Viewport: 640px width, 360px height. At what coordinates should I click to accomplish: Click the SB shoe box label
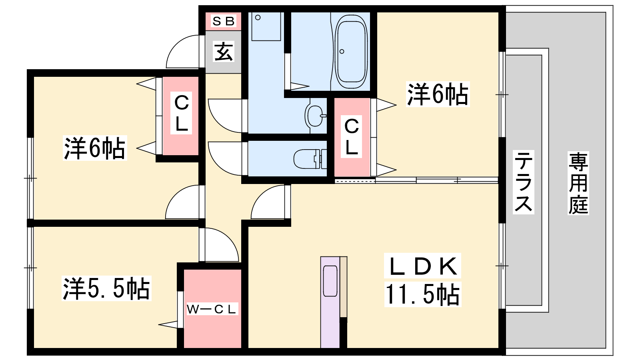click(x=224, y=21)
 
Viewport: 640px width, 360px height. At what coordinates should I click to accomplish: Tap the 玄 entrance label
click(x=224, y=52)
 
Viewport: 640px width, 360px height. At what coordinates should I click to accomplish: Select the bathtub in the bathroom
click(x=351, y=52)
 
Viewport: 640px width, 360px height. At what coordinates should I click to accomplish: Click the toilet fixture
click(x=310, y=159)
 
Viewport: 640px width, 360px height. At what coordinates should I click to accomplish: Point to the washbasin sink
click(x=316, y=116)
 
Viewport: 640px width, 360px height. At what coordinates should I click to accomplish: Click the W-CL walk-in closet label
click(x=211, y=309)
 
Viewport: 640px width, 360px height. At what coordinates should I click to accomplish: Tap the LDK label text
click(x=422, y=266)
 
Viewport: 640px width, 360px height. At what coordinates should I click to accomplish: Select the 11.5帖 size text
click(x=422, y=294)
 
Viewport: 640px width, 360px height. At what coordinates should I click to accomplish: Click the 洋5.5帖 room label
click(x=106, y=288)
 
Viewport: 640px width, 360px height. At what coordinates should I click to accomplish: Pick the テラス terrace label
click(x=524, y=182)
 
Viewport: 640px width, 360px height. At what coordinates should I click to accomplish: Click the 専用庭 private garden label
click(x=578, y=183)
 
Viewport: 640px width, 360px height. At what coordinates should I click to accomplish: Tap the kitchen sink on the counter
click(x=330, y=281)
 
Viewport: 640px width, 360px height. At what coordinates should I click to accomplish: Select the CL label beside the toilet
click(x=351, y=136)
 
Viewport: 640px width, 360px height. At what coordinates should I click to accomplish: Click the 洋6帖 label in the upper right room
click(x=438, y=94)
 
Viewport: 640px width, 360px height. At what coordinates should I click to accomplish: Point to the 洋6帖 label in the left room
click(x=94, y=148)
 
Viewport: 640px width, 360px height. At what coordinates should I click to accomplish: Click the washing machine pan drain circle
click(x=258, y=18)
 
